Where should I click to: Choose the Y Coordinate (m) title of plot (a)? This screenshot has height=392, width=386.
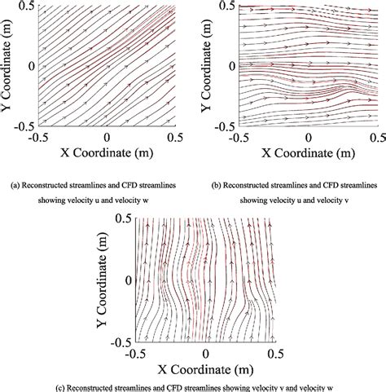[10, 65]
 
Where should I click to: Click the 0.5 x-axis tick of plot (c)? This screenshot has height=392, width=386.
[274, 354]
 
